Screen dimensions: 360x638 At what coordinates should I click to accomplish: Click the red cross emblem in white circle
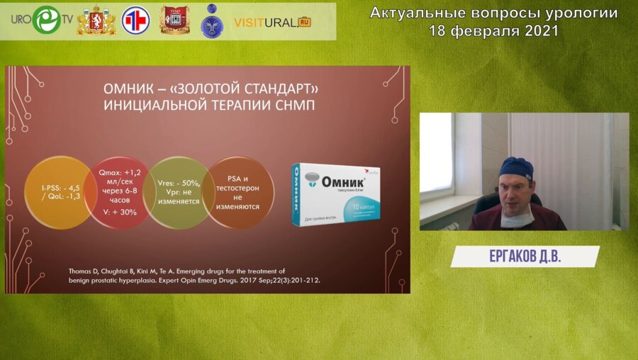pos(134,21)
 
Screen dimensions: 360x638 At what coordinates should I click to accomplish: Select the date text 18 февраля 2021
pos(493,30)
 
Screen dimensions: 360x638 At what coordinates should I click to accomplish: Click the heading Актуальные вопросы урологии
pos(493,13)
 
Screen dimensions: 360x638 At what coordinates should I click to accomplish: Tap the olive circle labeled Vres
pos(179,192)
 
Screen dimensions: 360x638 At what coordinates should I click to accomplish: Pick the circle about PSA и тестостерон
pos(239,192)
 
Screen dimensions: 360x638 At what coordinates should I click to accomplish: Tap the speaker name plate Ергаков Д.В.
pos(525,257)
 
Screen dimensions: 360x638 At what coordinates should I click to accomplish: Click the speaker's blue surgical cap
pos(515,168)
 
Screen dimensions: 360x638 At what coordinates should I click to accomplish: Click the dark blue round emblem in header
pos(212,21)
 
